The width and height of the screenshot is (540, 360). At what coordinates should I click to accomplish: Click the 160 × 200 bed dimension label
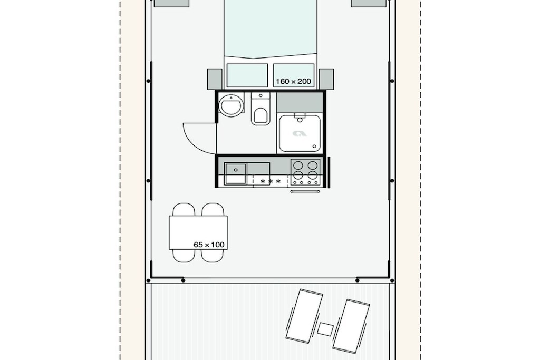click(x=293, y=82)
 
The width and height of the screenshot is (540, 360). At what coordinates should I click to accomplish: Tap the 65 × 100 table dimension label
click(x=209, y=245)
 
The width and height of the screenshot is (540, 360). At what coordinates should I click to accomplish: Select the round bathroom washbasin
click(x=231, y=104)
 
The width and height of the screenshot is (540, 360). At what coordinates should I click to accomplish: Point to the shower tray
click(x=300, y=133)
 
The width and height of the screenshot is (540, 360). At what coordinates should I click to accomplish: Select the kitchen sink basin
click(x=236, y=174)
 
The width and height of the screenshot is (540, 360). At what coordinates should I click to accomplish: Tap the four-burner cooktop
click(x=305, y=172)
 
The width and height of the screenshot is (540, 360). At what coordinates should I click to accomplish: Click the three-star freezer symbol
click(x=271, y=181)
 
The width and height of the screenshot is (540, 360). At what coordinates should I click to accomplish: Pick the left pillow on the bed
click(x=247, y=75)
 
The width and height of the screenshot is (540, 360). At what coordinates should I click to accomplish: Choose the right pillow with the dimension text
click(x=294, y=75)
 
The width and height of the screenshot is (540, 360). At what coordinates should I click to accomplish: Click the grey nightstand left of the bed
click(x=215, y=79)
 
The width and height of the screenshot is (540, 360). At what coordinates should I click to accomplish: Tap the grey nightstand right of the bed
click(x=326, y=79)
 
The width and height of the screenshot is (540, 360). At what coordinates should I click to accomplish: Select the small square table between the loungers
click(x=325, y=329)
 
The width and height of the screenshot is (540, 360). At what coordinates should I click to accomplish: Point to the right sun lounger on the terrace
click(x=351, y=326)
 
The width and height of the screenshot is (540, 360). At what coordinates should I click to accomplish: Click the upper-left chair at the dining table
click(x=184, y=210)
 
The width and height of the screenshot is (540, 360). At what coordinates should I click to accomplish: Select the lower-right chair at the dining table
click(x=213, y=256)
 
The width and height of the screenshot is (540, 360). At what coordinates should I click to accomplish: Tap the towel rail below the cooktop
click(x=305, y=191)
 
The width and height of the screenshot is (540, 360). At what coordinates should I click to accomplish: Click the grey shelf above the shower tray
click(x=300, y=102)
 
